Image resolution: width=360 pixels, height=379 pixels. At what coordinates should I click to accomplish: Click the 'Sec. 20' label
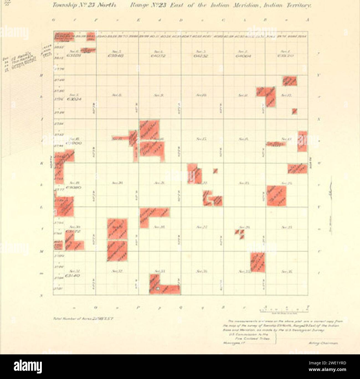[x=116, y=183]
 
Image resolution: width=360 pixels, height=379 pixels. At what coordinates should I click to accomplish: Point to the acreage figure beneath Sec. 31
[x=73, y=276]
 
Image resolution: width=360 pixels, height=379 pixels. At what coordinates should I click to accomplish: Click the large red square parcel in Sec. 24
[x=276, y=196]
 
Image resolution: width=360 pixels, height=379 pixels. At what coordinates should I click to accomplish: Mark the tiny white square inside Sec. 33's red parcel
[x=158, y=289]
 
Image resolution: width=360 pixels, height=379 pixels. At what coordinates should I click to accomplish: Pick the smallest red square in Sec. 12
[x=294, y=111]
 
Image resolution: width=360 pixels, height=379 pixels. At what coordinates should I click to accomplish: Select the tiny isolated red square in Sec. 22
[x=215, y=171]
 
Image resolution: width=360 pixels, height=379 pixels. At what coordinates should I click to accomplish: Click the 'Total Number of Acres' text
[x=83, y=318]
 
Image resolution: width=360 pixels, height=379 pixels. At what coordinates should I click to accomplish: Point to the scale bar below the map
[x=284, y=310]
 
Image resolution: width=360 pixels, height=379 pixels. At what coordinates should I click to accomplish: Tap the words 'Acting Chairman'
[x=323, y=343]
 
